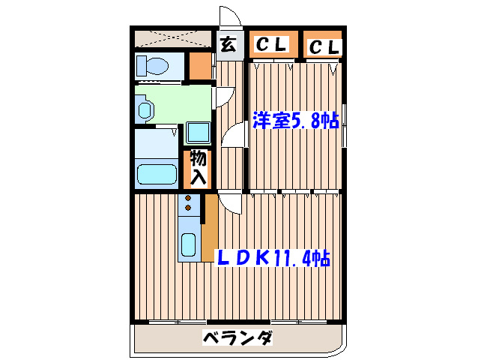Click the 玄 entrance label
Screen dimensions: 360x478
click(229, 45)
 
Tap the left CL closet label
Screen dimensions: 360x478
click(272, 45)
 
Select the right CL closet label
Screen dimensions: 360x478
click(324, 47)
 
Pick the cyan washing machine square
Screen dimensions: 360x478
click(199, 133)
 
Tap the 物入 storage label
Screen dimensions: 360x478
click(199, 169)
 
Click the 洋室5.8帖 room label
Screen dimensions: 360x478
click(294, 121)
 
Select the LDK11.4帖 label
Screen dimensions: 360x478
click(273, 257)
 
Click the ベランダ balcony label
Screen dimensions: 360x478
click(238, 338)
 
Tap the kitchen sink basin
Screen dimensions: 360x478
click(189, 245)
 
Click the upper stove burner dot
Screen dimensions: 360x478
click(188, 199)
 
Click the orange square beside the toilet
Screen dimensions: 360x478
click(199, 66)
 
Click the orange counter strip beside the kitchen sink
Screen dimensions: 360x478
click(210, 225)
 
